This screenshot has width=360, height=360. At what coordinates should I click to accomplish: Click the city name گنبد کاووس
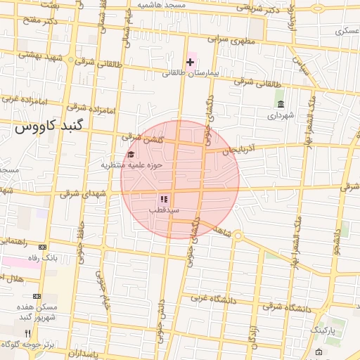click(49, 127)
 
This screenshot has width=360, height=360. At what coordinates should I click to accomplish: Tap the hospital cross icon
click(190, 62)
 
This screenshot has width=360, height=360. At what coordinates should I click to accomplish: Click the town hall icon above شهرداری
click(281, 104)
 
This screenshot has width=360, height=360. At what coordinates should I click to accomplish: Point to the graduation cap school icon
click(130, 155)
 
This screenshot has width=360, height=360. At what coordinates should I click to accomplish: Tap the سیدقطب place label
click(164, 210)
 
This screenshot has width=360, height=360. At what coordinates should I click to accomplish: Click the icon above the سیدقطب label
click(164, 200)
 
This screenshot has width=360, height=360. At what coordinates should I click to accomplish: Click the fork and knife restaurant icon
click(27, 333)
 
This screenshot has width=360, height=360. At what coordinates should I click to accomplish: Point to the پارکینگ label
click(323, 329)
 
